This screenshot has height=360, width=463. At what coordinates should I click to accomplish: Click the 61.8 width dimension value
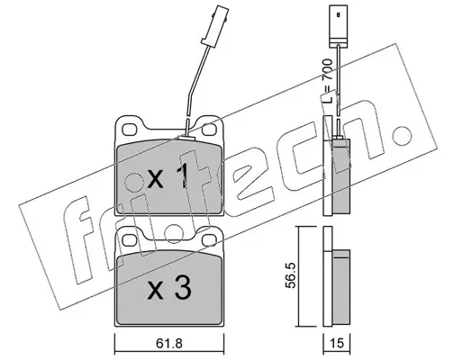click(169, 344)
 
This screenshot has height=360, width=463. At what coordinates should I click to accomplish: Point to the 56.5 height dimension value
click(291, 275)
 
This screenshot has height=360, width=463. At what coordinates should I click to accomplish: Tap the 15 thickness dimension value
click(337, 344)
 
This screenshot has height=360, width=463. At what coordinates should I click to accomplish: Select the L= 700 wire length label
click(327, 81)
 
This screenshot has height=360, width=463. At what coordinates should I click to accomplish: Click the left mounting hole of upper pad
click(130, 130)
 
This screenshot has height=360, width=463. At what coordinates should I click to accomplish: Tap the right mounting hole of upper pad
click(209, 130)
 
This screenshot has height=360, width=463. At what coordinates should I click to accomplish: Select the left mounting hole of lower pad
click(130, 240)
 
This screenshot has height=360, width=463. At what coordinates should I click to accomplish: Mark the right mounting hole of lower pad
click(209, 240)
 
